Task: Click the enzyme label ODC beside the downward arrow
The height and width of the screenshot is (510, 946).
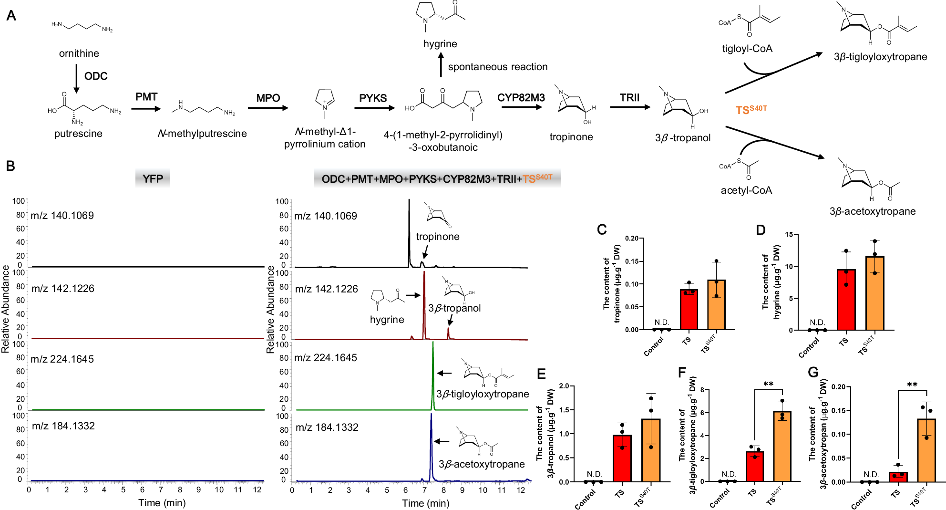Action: click(x=95, y=76)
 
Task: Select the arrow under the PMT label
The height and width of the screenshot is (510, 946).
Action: click(x=146, y=109)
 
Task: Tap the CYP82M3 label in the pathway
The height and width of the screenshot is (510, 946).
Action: click(x=521, y=98)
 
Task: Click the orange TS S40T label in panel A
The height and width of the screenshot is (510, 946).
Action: click(x=751, y=110)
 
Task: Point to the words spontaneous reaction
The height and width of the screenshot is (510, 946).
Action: click(x=497, y=67)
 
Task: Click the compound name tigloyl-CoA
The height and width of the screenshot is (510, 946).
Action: click(x=747, y=49)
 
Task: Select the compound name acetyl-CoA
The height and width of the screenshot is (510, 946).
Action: click(x=746, y=190)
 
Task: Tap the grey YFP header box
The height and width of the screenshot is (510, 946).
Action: click(x=153, y=178)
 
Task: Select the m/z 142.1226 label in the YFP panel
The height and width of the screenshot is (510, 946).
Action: click(x=62, y=288)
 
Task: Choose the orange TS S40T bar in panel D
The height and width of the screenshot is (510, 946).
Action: click(x=874, y=293)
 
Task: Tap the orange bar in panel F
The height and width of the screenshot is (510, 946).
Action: click(x=782, y=446)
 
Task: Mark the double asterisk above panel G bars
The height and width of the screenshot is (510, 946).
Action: click(x=912, y=385)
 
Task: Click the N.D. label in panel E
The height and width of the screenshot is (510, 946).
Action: click(x=594, y=474)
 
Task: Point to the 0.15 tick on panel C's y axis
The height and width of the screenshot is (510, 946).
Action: click(x=632, y=261)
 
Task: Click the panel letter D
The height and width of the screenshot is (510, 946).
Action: click(x=761, y=230)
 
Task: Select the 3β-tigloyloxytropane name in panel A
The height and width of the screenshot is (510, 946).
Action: click(x=880, y=57)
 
